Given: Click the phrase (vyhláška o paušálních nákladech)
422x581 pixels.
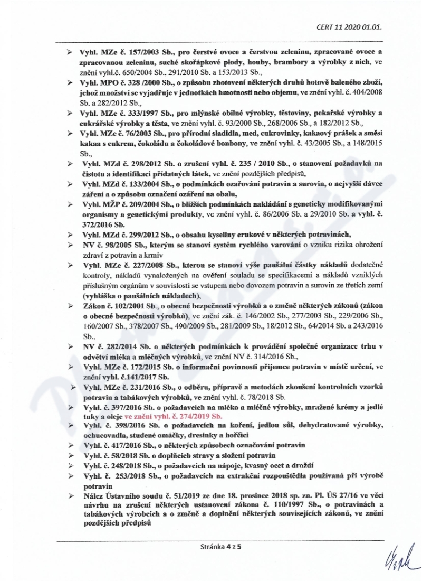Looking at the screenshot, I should point(138,295).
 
